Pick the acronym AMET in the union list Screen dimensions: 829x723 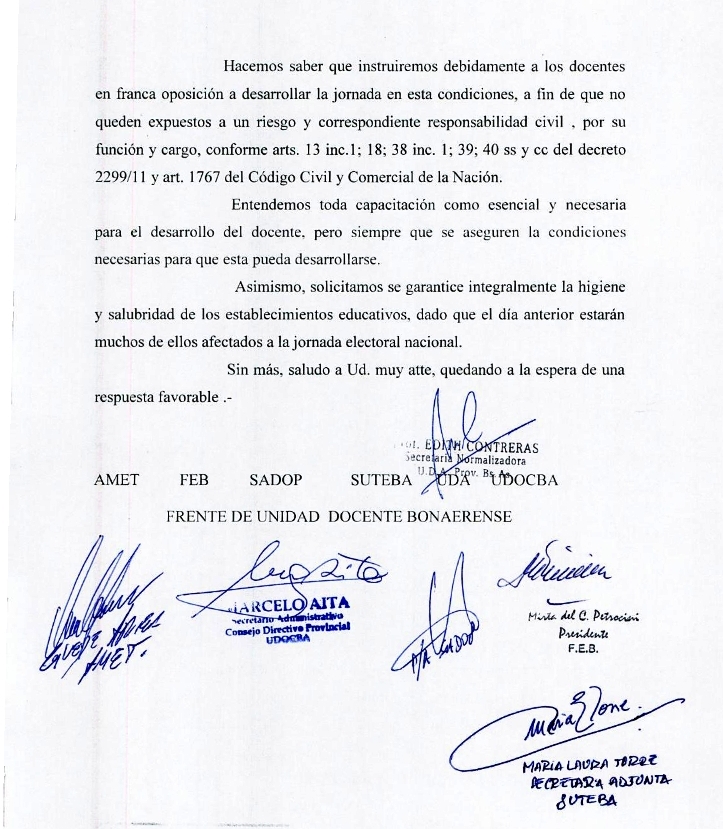117,479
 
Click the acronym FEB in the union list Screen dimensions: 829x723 194,479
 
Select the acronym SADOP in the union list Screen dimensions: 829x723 274,479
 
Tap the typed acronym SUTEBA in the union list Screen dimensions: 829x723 382,480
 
